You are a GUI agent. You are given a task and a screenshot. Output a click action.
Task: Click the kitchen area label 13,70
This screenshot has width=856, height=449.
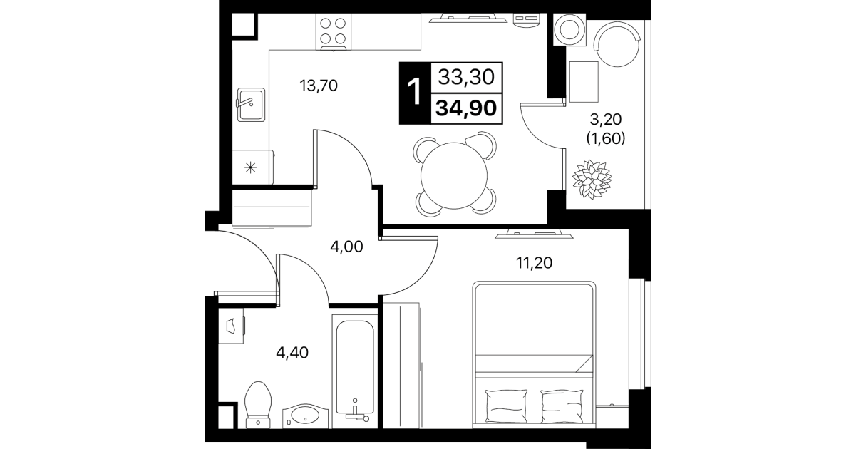pos(319,86)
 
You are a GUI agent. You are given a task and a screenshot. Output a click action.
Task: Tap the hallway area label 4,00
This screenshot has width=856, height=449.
pos(346,247)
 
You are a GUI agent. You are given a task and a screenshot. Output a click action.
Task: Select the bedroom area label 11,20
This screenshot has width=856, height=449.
pos(534,263)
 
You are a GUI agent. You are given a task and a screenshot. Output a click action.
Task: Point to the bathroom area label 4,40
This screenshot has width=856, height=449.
pos(292,353)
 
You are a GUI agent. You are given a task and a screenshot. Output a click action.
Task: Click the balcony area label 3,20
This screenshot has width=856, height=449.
pos(606,120)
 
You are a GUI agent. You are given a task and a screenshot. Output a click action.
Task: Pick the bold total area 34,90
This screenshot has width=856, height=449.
pos(466,108)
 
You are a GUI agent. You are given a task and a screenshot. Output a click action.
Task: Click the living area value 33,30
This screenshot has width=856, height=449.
pos(466,77)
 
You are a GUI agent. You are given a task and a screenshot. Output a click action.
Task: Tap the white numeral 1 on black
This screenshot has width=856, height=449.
pos(415,92)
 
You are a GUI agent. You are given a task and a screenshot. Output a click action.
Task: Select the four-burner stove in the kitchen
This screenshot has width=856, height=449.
pos(334,32)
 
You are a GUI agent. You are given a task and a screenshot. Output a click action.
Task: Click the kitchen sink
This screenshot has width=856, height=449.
pos(251,105)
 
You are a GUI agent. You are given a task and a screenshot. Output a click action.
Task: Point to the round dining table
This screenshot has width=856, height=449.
pos(454,175)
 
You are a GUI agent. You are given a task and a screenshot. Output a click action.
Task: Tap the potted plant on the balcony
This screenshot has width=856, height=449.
pos(592,179)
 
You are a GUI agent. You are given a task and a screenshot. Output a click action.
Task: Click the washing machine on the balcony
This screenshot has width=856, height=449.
pos(569,30)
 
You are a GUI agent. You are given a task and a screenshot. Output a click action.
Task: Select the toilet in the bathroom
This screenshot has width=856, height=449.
pos(258,405)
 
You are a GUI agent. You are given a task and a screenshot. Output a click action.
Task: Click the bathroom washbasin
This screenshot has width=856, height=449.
pos(305,416)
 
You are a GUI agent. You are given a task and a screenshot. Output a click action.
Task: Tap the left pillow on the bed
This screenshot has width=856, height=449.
pos(506,406)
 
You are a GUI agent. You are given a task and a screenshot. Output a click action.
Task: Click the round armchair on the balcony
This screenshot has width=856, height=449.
pos(617,44)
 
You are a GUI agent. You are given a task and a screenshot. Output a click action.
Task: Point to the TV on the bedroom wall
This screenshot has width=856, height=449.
pos(534,234)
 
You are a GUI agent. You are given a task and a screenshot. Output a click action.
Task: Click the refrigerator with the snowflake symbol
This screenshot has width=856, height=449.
pos(252,167)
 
